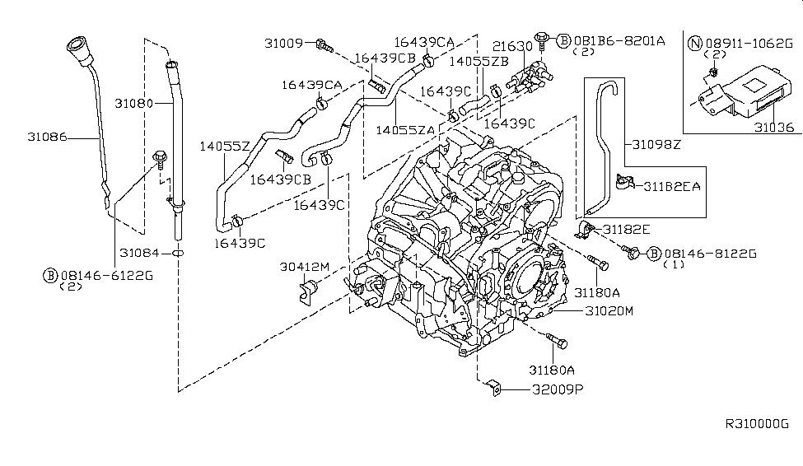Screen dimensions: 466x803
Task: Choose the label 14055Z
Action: point(224,146)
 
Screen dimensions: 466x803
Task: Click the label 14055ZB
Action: point(479,61)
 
